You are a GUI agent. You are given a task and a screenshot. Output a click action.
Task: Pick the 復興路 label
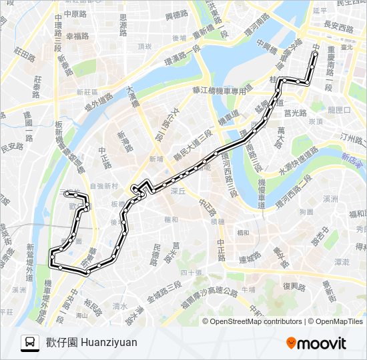tap(294, 287)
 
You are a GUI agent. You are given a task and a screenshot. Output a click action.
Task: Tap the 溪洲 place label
tap(331, 199)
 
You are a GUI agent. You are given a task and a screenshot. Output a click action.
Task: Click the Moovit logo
tap(316, 343)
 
